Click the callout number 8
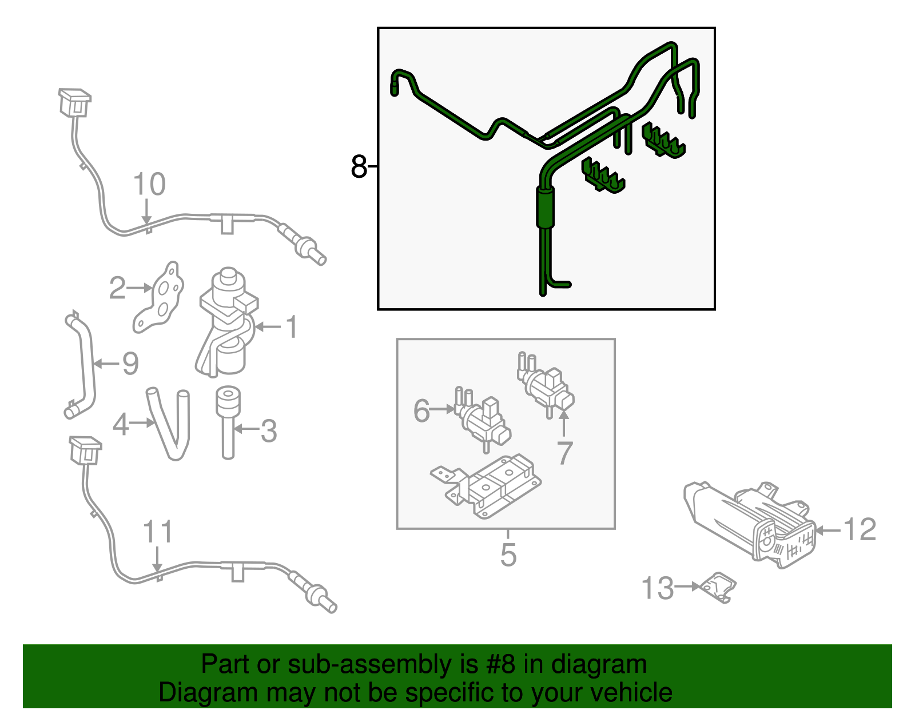[359, 167]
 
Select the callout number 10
[149, 185]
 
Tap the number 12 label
[860, 529]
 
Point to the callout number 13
[658, 588]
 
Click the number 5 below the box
[508, 555]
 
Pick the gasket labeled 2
[162, 299]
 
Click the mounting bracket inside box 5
[486, 486]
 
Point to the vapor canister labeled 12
[749, 523]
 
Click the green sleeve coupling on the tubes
[545, 207]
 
